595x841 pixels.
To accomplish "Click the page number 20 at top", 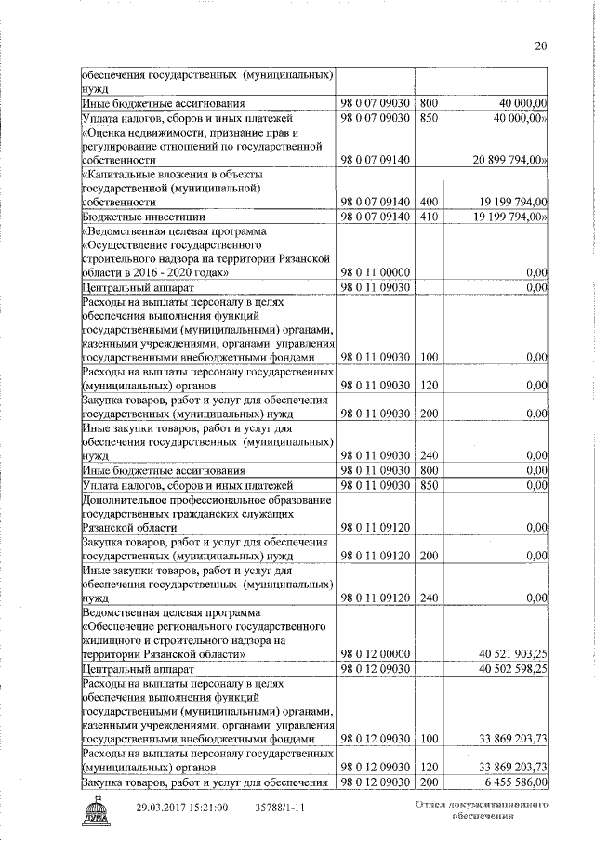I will click(541, 46).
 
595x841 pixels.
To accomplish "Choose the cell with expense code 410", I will click(429, 217).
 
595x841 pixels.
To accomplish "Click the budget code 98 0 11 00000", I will click(377, 272).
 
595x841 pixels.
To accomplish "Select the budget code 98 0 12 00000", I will click(377, 654).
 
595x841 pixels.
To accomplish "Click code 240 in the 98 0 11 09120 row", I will click(429, 598).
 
